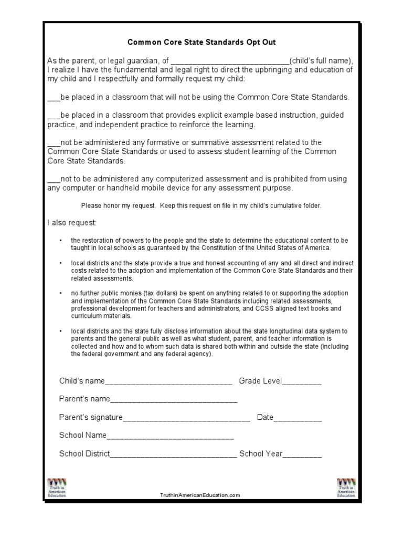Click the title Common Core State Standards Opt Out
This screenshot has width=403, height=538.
coord(201,42)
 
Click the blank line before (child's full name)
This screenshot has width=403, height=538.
coord(230,61)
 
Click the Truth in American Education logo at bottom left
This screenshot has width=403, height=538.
coord(57,488)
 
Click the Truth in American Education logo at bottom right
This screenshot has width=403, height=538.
coord(346,488)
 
